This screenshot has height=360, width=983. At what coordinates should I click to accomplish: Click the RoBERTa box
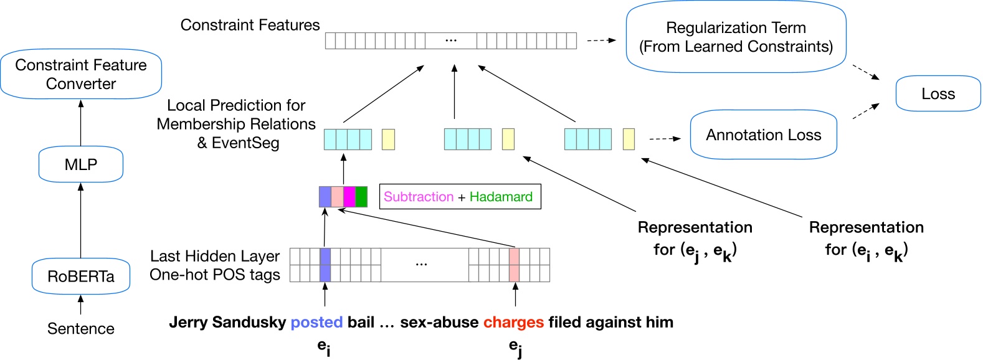(81, 277)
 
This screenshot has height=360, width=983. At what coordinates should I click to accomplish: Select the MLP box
(81, 164)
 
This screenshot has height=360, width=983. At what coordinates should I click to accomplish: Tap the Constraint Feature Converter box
(81, 74)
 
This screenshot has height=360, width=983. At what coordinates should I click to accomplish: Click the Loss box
(938, 94)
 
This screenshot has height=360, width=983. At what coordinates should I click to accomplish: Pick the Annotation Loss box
(763, 135)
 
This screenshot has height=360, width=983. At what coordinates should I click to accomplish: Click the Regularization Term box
(736, 37)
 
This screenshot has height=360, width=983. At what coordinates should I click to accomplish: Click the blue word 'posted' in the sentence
(316, 323)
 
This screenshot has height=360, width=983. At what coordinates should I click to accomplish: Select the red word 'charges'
(513, 323)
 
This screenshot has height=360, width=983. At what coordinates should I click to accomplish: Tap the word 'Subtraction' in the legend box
(418, 197)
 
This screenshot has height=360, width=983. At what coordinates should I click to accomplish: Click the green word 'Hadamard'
(501, 197)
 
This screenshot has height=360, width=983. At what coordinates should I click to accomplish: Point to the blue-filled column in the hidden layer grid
(325, 265)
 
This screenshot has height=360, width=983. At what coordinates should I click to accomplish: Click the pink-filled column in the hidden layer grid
(514, 265)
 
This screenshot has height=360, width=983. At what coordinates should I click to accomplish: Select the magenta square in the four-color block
(349, 197)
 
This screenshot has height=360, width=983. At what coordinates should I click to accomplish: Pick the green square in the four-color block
(361, 197)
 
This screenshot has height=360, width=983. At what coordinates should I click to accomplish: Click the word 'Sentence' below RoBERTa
(81, 329)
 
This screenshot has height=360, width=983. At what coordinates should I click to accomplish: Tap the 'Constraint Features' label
(250, 26)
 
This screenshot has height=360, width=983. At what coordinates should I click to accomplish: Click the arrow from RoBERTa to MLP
(81, 221)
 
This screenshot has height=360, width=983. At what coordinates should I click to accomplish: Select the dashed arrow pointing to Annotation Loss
(665, 139)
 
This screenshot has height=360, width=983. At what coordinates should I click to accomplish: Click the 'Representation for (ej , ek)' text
(695, 239)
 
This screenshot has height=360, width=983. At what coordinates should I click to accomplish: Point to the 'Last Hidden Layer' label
(215, 256)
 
